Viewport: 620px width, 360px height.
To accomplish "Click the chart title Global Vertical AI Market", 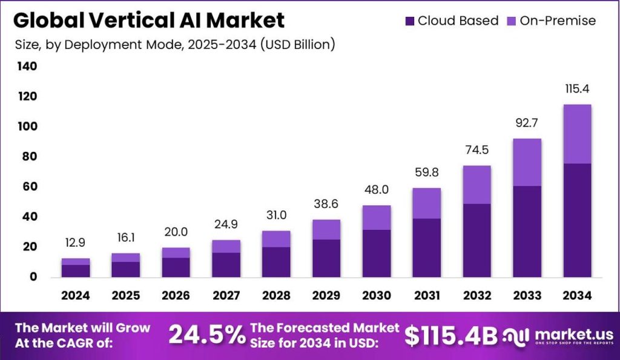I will coord(148,21).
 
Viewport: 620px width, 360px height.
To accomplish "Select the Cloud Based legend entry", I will coord(451,21).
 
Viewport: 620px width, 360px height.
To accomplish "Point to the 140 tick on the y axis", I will coord(28,67).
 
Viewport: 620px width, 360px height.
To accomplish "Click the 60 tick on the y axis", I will coord(28,186).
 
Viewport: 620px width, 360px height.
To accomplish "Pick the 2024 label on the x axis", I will coord(75,295).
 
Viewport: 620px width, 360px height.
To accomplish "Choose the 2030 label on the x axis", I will coord(376,295).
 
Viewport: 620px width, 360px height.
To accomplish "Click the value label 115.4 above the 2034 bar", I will coord(576,89).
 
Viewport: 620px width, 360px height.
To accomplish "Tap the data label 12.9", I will coord(76,243).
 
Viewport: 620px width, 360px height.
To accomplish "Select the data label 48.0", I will coord(376,190).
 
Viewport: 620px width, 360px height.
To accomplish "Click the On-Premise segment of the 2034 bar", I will coord(576,134).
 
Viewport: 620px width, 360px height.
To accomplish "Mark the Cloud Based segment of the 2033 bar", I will coord(526,231).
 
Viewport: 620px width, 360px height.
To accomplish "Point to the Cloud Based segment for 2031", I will coord(426,247).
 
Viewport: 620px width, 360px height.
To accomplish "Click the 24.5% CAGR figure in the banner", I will coord(207,335).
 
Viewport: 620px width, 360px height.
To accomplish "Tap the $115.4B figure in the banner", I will coord(451,335).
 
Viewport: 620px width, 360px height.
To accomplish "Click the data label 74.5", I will coord(477,151).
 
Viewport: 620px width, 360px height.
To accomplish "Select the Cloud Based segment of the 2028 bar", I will coord(275,261).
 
